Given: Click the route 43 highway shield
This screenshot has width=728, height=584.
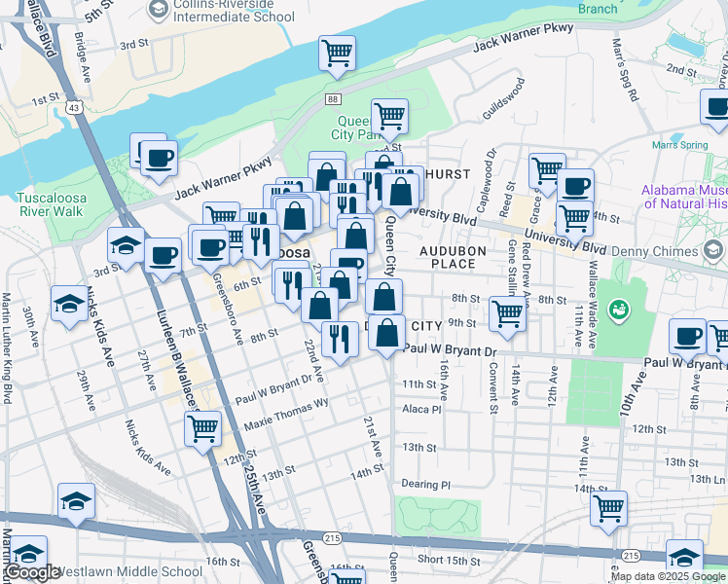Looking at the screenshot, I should click(75, 108).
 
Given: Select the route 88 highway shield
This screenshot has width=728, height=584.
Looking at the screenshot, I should click(334, 99).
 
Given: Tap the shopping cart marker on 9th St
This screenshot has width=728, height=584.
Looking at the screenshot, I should click(507, 313).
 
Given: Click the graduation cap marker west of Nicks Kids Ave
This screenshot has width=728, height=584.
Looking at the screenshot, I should click(68, 304).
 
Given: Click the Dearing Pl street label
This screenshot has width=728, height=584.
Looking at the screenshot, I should click(426, 484).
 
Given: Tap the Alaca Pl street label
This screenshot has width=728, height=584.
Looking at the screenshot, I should click(421, 410).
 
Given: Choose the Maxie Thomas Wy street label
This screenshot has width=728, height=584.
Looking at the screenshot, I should click(286, 416).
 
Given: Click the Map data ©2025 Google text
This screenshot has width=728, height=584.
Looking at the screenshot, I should click(669, 576).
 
